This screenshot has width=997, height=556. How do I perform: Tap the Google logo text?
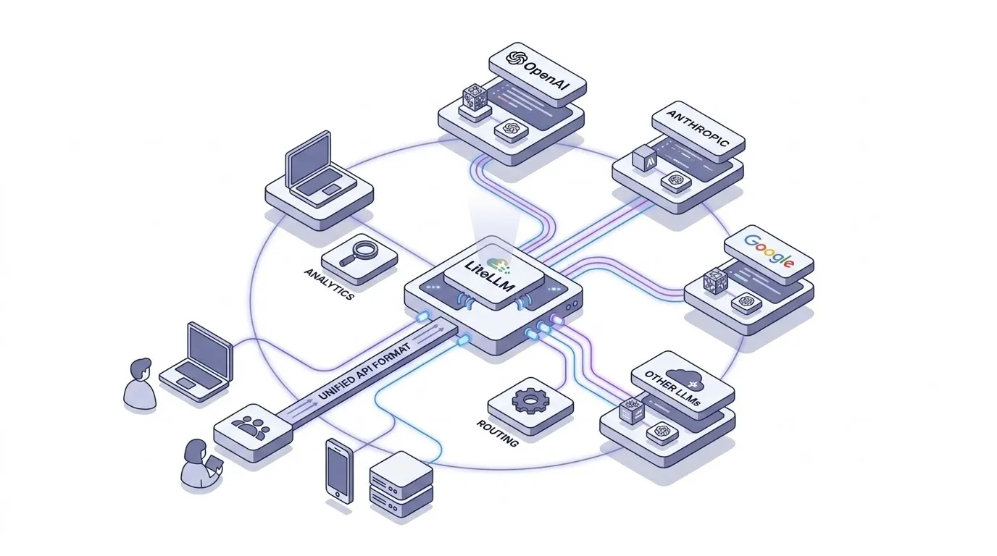click(769, 252)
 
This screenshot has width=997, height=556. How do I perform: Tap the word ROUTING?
click(498, 432)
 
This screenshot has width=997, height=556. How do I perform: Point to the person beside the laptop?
click(139, 384)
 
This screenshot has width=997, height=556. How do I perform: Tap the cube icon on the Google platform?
click(714, 281)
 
